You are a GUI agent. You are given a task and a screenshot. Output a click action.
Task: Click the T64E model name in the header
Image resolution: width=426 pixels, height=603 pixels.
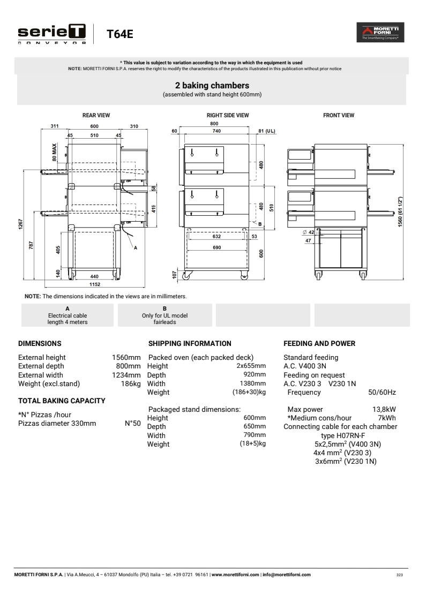[x=119, y=34]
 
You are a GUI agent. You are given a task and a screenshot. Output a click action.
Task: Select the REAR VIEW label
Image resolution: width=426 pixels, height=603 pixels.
[x=96, y=115]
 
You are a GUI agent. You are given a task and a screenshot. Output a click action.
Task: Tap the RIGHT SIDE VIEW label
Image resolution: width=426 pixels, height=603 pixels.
[x=228, y=115]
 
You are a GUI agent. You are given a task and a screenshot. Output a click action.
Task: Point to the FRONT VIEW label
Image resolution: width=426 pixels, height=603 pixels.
[x=339, y=115]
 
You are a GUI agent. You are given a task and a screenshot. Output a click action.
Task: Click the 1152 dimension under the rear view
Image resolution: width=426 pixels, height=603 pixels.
[x=94, y=284]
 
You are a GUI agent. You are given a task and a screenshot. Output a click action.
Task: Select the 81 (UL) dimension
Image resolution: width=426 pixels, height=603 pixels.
[x=266, y=131]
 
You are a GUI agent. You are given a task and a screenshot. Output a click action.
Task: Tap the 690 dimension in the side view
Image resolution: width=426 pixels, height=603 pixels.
[x=216, y=247]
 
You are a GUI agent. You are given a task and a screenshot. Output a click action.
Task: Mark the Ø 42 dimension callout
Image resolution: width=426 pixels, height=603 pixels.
[x=308, y=232]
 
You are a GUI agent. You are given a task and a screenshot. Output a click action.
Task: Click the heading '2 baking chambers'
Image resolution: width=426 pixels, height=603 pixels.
[x=212, y=85]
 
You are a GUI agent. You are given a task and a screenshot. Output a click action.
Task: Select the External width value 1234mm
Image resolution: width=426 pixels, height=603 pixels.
[x=126, y=375]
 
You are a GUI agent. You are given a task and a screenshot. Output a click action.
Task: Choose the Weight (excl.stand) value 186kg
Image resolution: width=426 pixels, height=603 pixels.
[x=130, y=383]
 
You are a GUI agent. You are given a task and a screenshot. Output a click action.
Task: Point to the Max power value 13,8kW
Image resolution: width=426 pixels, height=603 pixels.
[x=384, y=410]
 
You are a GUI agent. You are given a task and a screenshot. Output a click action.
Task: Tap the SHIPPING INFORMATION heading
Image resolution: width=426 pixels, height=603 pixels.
[x=190, y=343]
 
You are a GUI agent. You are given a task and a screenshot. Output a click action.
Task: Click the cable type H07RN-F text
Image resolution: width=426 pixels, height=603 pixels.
[x=343, y=435]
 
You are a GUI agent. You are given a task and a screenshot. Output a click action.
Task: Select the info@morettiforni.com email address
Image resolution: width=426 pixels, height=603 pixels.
[x=287, y=575]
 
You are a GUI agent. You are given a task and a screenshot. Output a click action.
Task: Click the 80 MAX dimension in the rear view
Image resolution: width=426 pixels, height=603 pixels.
[x=54, y=153]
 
